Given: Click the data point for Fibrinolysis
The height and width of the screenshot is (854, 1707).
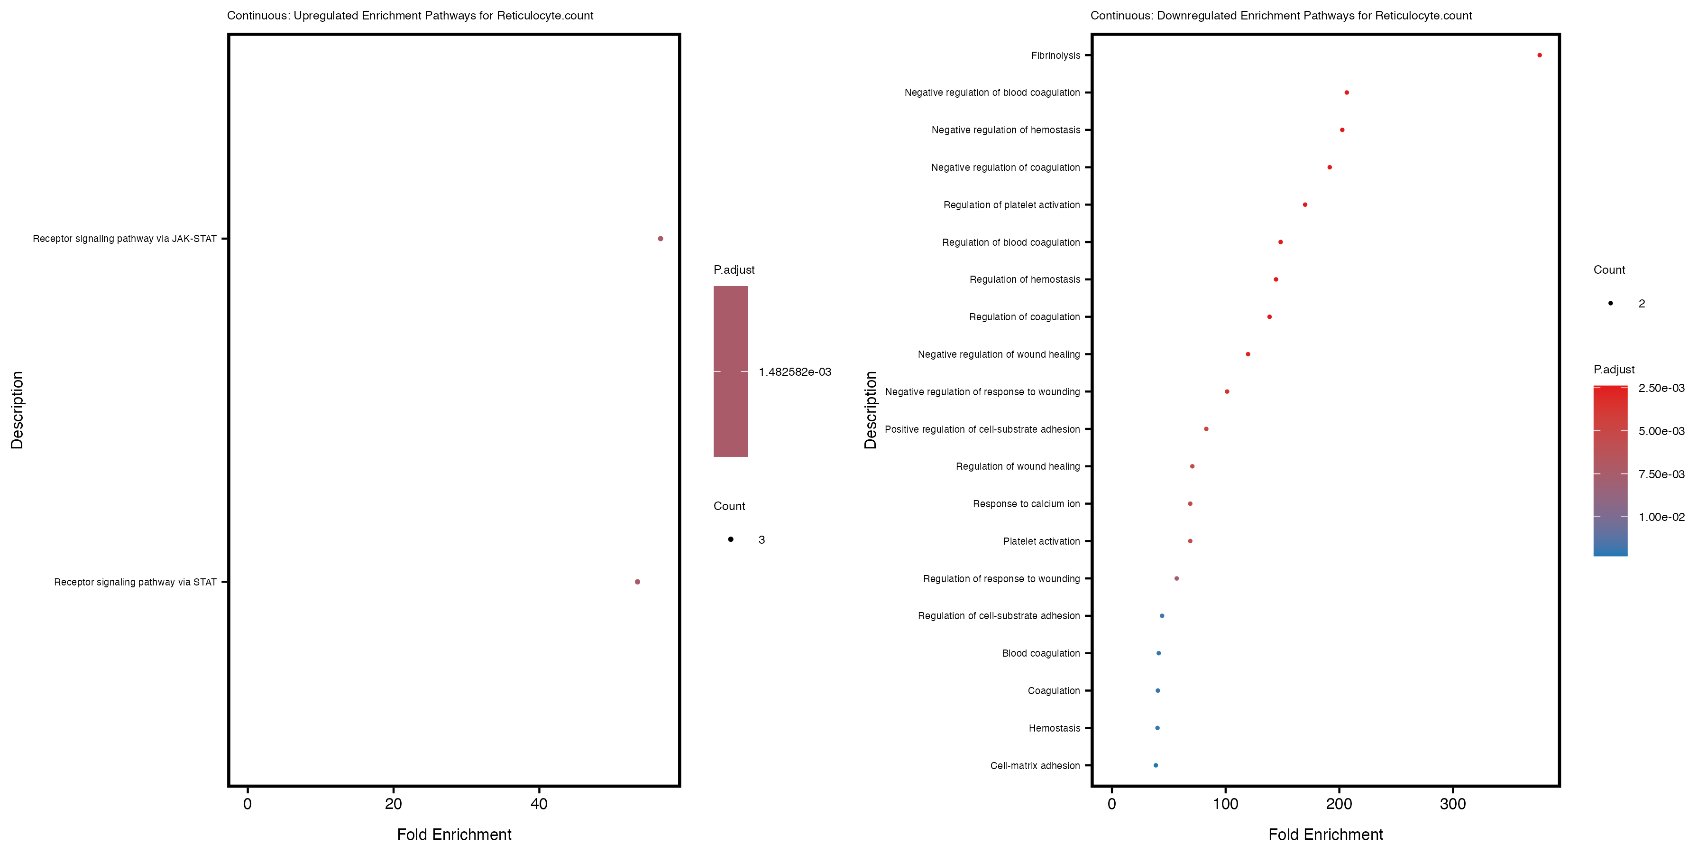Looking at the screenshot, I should [x=1539, y=55].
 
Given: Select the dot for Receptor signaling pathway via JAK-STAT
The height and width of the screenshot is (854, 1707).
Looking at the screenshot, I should [x=660, y=239].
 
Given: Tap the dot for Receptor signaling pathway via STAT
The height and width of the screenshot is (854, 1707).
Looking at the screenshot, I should [x=637, y=582].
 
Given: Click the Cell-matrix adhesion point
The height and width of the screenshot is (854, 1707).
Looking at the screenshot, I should [x=1156, y=765].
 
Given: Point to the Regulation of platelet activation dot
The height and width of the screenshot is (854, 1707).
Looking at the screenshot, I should [x=1305, y=205].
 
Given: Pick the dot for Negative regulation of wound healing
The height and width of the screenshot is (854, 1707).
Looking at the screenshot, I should [x=1248, y=354].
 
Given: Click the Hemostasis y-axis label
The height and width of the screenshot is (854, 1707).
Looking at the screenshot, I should [x=1054, y=728].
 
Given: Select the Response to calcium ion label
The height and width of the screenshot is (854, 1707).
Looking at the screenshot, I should [x=1026, y=504].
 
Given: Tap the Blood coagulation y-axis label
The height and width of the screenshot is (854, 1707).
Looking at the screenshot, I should [x=1040, y=653].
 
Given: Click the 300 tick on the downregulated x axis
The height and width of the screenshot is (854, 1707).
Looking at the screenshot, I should [x=1452, y=804].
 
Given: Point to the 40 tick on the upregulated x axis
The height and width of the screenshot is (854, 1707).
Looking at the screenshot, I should [x=539, y=804].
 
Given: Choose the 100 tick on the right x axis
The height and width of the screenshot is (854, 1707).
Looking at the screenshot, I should [x=1225, y=804].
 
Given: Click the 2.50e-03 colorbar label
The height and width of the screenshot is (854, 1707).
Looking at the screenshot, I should [x=1661, y=388].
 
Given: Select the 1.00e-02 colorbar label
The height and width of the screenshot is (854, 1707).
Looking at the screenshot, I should [x=1661, y=517].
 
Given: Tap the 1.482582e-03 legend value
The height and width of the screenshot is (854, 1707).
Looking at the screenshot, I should [x=795, y=372].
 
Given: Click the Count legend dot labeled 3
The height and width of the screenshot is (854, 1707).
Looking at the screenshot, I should [x=730, y=539].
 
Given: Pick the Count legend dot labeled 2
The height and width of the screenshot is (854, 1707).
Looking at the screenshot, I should [x=1610, y=303].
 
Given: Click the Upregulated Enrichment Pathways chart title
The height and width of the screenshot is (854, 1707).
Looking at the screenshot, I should [x=410, y=15].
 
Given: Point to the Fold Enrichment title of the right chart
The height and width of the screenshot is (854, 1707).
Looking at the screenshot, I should [x=1325, y=834].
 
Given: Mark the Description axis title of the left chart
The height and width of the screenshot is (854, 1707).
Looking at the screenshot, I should [x=17, y=410].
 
